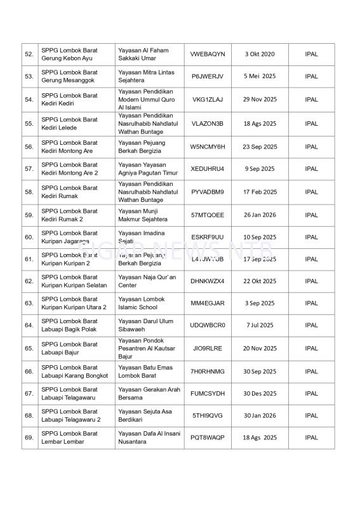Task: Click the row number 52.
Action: tap(29, 55)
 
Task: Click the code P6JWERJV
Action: tap(207, 76)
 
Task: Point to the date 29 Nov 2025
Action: tap(260, 100)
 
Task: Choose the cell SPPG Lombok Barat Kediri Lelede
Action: tap(69, 123)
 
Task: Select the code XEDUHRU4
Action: tap(207, 169)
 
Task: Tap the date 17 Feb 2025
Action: tap(260, 192)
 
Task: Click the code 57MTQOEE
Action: tap(207, 215)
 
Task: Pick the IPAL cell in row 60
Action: tap(311, 237)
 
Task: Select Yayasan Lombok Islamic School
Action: tap(141, 304)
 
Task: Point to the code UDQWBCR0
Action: tap(207, 325)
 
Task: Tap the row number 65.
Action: tap(29, 349)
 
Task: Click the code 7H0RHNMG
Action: tap(207, 371)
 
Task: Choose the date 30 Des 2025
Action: tap(260, 394)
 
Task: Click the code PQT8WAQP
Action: tap(207, 438)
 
